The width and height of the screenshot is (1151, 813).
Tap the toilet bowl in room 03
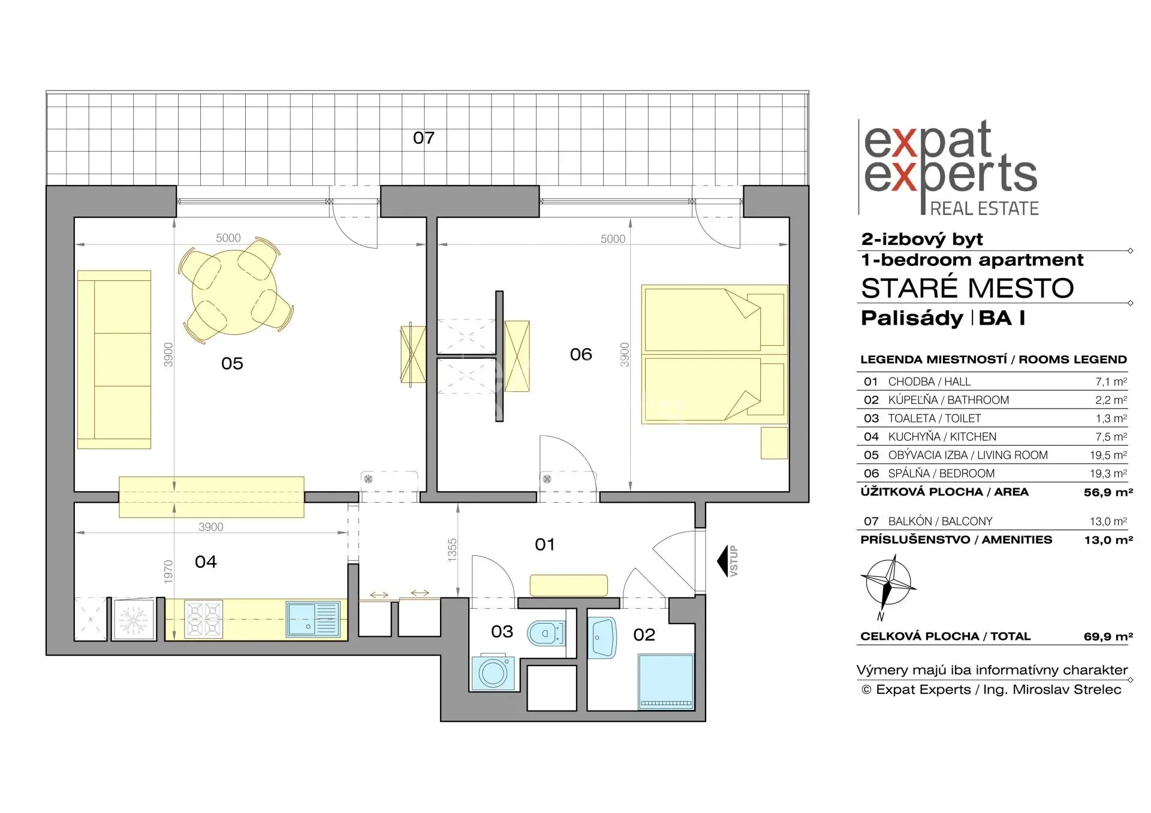[546, 633]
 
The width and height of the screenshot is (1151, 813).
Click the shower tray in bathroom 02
[666, 682]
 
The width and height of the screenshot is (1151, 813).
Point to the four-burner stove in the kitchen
[203, 619]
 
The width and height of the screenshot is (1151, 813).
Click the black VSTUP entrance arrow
[722, 561]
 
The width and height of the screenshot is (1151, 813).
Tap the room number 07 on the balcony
[423, 138]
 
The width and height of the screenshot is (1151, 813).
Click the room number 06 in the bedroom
[581, 355]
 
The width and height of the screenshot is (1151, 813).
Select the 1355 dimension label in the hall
[452, 550]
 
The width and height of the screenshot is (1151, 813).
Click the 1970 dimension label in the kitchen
[168, 572]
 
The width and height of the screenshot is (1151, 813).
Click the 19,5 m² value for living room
[1108, 455]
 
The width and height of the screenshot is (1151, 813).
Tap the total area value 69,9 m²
[1108, 636]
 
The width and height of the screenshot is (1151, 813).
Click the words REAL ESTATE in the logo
[984, 208]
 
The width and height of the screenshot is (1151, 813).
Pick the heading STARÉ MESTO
[967, 288]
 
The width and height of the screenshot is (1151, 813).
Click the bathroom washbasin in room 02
[602, 637]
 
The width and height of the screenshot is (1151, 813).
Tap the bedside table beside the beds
[774, 443]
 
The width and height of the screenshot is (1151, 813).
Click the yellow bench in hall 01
[568, 585]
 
